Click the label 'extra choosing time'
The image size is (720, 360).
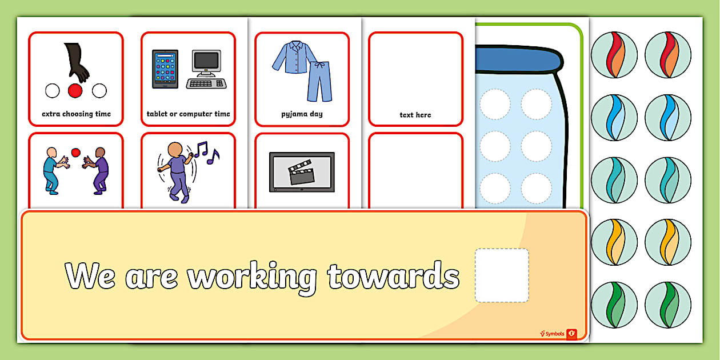point(76,114)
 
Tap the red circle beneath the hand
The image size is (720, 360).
point(75,90)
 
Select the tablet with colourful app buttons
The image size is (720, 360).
point(165,69)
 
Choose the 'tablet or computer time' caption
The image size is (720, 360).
point(188,114)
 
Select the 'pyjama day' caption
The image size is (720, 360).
point(302,114)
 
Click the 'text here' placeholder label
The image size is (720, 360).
point(415,115)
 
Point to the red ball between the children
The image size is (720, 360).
point(75,152)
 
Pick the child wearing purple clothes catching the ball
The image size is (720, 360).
point(99,170)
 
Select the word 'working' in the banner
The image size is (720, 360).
point(252,277)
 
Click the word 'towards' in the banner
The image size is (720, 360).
point(393,275)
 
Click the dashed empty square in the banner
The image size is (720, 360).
point(502,275)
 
